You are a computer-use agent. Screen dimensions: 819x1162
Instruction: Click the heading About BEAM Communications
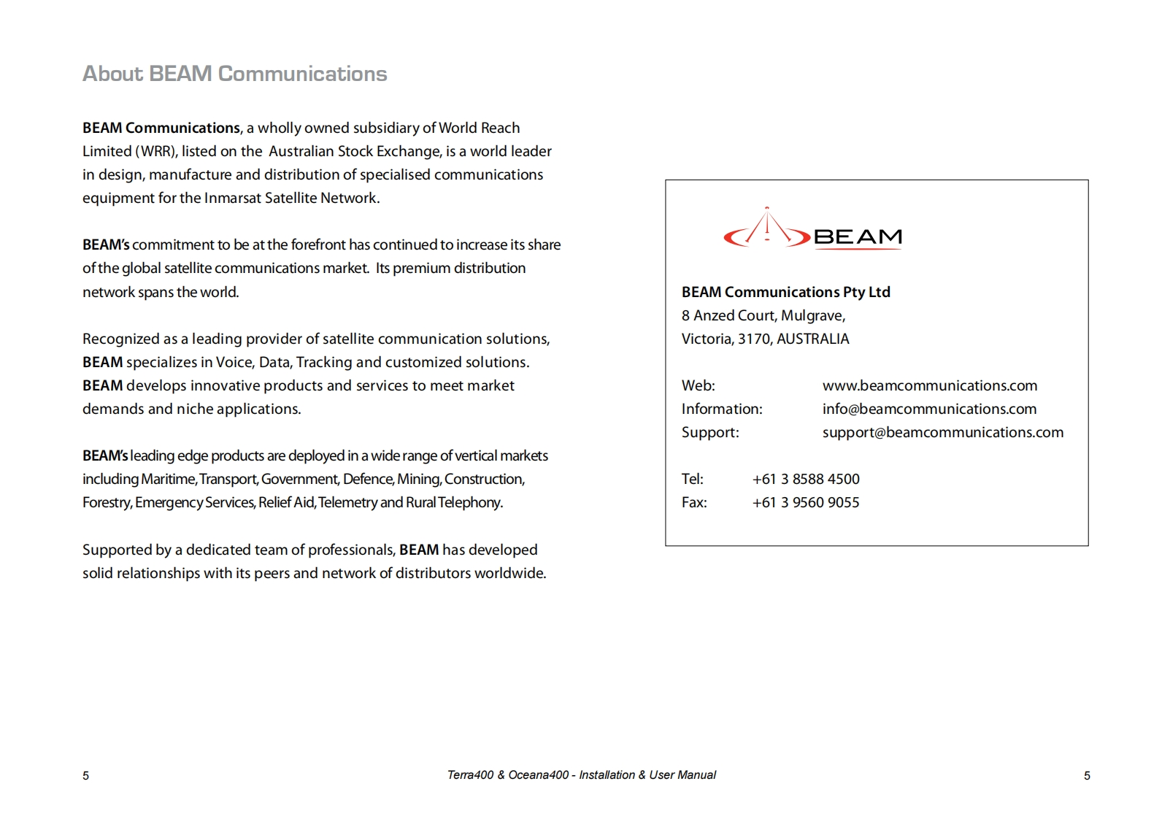(x=234, y=74)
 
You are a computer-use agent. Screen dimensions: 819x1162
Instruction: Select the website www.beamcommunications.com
(x=929, y=385)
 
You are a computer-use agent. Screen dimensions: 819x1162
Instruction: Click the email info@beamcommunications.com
(x=929, y=409)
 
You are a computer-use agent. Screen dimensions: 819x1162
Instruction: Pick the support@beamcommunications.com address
(x=942, y=432)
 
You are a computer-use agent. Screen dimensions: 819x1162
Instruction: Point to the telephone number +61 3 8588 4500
(x=806, y=479)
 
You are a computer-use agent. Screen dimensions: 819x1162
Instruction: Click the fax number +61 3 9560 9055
(x=806, y=502)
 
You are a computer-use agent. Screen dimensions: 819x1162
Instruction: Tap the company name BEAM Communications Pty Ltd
(x=785, y=292)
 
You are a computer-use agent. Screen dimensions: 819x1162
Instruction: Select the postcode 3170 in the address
(x=754, y=339)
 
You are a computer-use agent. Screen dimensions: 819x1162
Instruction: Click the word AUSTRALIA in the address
(x=812, y=339)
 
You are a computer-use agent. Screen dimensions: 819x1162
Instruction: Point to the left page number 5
(x=86, y=776)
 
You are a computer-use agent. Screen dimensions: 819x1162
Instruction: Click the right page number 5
(x=1087, y=776)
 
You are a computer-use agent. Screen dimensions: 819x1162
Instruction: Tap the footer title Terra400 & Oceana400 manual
(x=581, y=775)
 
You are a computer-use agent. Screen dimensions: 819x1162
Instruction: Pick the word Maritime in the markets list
(x=168, y=479)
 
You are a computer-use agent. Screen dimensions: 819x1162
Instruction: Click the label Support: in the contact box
(x=710, y=432)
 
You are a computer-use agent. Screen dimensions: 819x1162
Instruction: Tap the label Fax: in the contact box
(x=694, y=502)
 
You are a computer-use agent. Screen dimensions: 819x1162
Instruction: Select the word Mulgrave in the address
(x=812, y=315)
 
